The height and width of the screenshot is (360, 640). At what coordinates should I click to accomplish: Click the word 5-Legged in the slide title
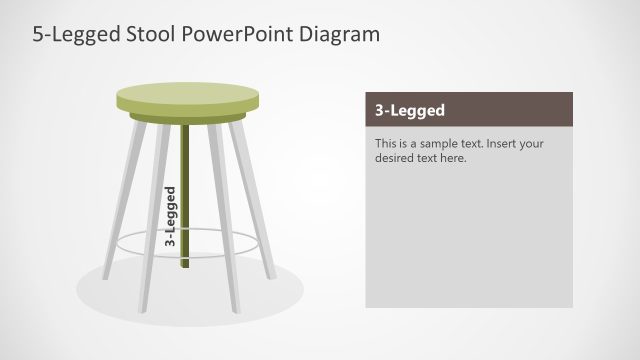[x=73, y=34]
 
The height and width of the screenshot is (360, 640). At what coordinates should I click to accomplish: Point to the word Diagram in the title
[x=340, y=34]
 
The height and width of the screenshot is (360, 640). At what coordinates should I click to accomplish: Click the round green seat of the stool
[x=187, y=97]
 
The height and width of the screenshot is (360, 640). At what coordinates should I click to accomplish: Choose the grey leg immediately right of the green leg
[x=221, y=210]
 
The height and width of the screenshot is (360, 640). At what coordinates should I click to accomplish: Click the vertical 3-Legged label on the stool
[x=171, y=216]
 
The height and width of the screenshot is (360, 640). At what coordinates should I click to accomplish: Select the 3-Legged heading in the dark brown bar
[x=410, y=110]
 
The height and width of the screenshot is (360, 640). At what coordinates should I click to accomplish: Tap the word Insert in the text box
[x=500, y=143]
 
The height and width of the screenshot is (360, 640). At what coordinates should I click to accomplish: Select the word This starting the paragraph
[x=386, y=143]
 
